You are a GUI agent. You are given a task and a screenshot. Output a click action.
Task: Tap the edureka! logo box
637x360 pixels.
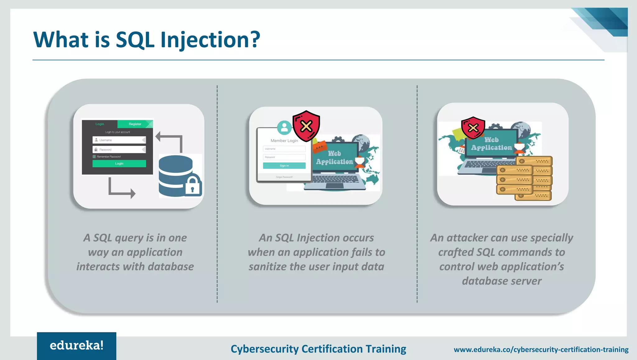click(x=77, y=346)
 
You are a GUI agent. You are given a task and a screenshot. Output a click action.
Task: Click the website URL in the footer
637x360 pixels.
click(x=541, y=349)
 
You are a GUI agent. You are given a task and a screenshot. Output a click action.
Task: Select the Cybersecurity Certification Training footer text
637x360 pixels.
click(x=318, y=349)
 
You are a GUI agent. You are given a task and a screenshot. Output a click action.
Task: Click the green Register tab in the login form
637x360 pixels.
click(x=135, y=124)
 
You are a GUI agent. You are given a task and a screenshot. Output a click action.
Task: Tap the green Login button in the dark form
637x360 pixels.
click(x=119, y=163)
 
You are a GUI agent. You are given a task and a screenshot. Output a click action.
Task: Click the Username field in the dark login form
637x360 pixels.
click(x=119, y=140)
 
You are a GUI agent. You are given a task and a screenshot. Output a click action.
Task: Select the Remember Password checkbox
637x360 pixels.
click(x=94, y=157)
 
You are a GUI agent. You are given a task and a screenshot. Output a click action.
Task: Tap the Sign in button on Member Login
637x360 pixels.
click(x=284, y=166)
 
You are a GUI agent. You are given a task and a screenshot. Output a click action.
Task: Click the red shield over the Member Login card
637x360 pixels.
click(x=306, y=126)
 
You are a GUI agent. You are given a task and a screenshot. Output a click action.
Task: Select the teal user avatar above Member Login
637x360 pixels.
click(x=284, y=127)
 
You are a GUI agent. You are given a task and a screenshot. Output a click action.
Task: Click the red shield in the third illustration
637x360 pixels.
click(x=473, y=128)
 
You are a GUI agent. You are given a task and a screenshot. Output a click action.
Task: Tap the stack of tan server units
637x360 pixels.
click(x=524, y=179)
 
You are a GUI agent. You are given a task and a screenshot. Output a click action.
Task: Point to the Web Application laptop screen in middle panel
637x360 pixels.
click(x=334, y=157)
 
